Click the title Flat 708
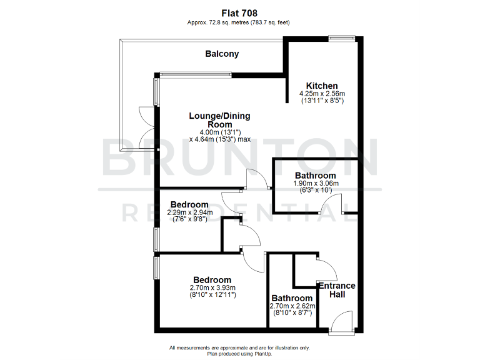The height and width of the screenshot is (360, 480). [239, 12]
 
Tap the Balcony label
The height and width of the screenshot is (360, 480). [222, 54]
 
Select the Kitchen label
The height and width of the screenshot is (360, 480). [322, 86]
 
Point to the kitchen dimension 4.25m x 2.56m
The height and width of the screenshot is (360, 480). [322, 93]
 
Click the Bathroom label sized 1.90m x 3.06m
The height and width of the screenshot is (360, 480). [316, 176]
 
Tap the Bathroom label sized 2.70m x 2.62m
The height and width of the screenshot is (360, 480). [292, 298]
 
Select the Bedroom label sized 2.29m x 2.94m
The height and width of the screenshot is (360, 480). [189, 204]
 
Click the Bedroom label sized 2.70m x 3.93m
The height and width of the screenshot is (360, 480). [212, 280]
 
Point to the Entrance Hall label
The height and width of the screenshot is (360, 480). [337, 290]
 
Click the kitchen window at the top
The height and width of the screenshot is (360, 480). [342, 38]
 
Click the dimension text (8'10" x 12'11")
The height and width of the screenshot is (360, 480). [212, 294]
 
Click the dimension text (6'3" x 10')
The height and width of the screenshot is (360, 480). [316, 190]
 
